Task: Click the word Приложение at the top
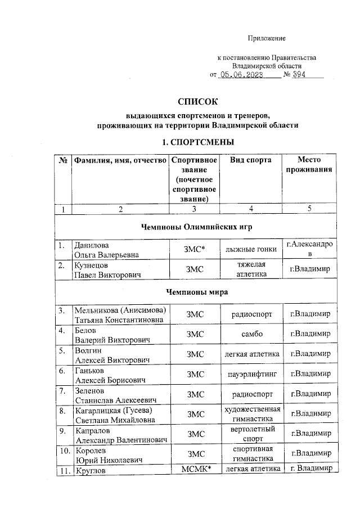(267, 38)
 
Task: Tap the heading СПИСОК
(197, 102)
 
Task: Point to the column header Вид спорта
(251, 160)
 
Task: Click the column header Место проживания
(309, 165)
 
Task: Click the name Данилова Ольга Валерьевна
(108, 250)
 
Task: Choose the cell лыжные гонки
(250, 250)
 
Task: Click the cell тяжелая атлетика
(251, 269)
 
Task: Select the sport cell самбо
(251, 334)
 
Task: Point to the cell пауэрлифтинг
(251, 373)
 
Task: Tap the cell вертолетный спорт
(251, 434)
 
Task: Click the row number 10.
(64, 451)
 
